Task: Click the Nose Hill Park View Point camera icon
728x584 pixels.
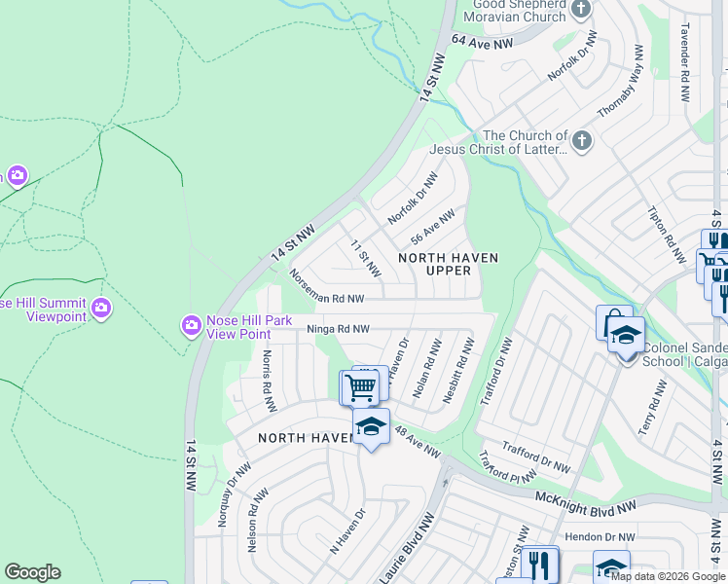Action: point(191,323)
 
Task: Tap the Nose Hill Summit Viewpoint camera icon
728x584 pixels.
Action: point(100,310)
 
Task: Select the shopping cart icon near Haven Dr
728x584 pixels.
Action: point(359,387)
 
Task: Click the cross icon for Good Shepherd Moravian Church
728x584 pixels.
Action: point(581,10)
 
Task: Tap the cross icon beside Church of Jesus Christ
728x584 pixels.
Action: point(581,142)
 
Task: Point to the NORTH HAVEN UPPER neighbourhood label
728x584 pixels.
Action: point(449,264)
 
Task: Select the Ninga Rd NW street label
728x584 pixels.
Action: point(339,329)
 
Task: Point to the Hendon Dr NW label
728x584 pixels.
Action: point(600,536)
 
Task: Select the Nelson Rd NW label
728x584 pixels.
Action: point(255,521)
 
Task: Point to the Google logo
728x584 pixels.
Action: point(32,572)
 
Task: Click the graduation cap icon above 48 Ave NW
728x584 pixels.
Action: point(370,426)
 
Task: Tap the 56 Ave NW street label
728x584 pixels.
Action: point(433,227)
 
